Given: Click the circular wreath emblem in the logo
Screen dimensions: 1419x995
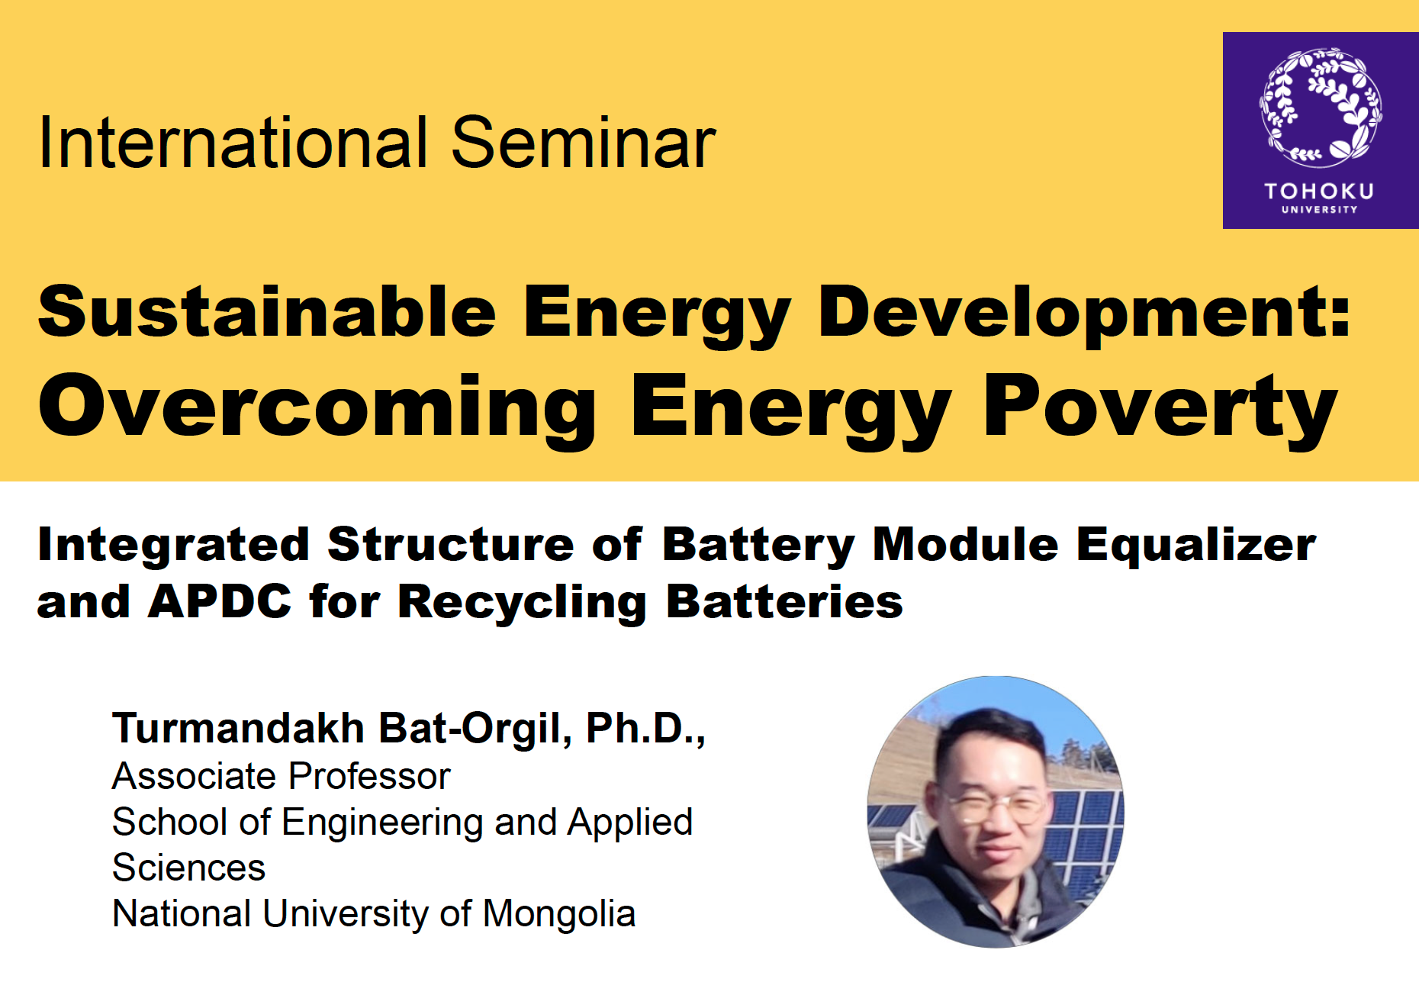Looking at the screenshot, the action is click(x=1321, y=108).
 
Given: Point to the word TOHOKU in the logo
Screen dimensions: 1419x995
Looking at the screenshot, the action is click(x=1319, y=191).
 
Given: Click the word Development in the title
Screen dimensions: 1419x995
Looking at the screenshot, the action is click(x=1084, y=313).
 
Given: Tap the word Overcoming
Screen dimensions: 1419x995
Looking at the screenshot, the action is click(x=317, y=408).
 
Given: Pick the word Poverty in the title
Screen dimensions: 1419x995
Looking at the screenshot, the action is click(x=1160, y=408).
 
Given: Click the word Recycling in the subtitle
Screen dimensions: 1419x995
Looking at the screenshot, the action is click(x=523, y=603).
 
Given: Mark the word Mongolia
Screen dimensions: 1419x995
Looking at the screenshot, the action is click(x=559, y=913).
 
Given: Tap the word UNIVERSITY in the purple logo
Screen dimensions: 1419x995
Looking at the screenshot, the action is click(x=1319, y=210).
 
